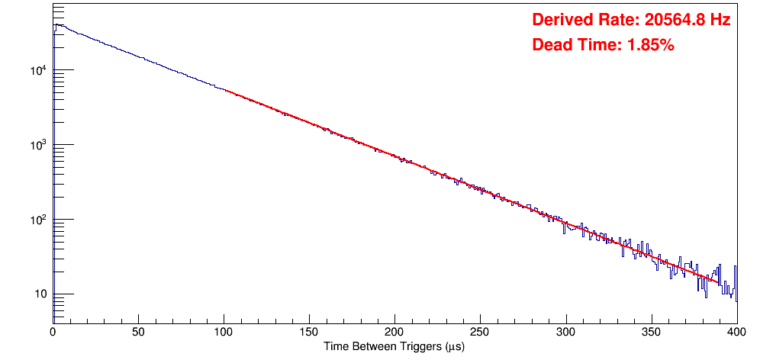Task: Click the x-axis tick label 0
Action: click(x=53, y=332)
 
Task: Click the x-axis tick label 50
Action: click(x=138, y=332)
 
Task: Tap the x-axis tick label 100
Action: click(x=224, y=332)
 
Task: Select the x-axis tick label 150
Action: click(x=309, y=332)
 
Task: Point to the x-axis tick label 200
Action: click(x=394, y=332)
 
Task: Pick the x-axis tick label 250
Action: click(x=480, y=332)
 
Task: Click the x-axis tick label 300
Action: click(x=565, y=332)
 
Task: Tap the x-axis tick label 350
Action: click(x=651, y=332)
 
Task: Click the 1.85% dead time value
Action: click(x=650, y=46)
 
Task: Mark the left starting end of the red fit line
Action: click(x=224, y=91)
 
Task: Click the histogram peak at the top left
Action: click(x=56, y=25)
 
